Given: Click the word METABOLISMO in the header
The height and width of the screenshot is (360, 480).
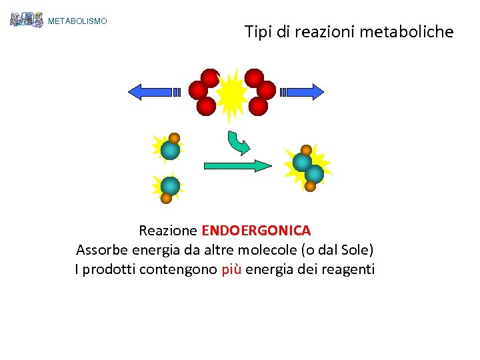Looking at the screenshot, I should [x=77, y=21].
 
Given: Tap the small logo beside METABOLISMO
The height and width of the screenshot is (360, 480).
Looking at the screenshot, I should [x=27, y=19].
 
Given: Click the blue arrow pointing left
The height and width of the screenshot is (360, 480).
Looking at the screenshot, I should [x=153, y=92].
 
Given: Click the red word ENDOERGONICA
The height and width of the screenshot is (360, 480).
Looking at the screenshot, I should [x=256, y=231].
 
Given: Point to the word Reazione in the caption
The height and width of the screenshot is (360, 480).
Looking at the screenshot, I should [x=168, y=231].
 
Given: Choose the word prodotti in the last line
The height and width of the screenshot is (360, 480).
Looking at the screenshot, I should [x=109, y=269].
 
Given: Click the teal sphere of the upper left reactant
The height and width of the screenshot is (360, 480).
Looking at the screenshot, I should [x=171, y=151].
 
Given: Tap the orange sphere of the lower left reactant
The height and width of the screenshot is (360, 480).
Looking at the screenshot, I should [x=166, y=197].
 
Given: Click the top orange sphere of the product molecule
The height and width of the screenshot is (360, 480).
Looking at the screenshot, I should [x=306, y=150].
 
